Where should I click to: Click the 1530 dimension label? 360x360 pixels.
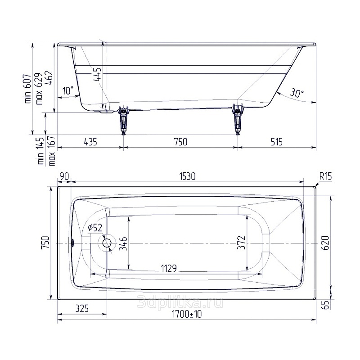click(x=187, y=176)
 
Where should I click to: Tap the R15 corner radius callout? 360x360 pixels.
click(x=325, y=176)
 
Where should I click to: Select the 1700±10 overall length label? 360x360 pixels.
click(x=187, y=314)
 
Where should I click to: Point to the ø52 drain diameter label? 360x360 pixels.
click(x=95, y=228)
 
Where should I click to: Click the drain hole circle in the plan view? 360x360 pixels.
click(x=107, y=243)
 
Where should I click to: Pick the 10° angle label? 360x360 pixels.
click(x=68, y=90)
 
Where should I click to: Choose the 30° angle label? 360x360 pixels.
click(x=297, y=93)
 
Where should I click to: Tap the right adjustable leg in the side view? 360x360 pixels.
click(x=238, y=119)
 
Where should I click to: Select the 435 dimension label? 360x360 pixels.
click(x=90, y=142)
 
